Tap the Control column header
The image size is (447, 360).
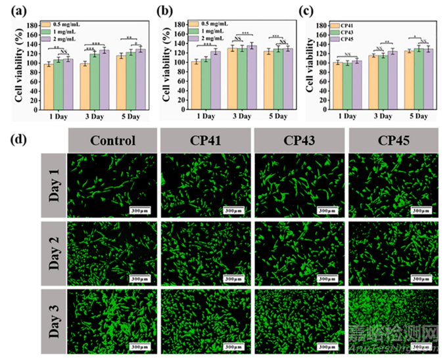click(x=113, y=140)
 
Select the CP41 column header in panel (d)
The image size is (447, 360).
click(x=206, y=140)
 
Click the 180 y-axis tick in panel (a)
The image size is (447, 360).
click(x=32, y=25)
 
